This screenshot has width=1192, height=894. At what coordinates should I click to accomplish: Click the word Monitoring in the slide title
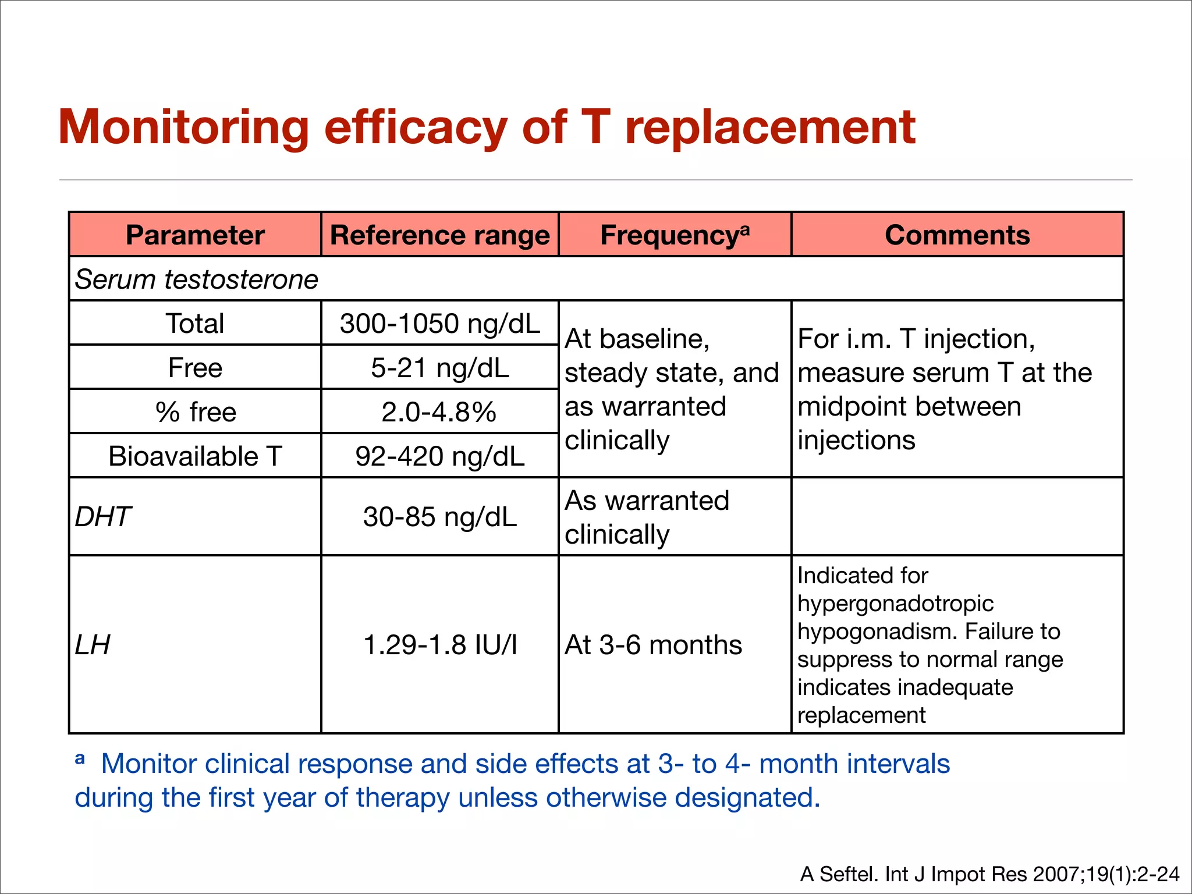pos(184,128)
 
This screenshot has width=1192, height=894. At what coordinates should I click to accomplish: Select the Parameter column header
pos(195,235)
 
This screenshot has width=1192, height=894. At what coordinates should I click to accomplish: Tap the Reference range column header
pos(439,235)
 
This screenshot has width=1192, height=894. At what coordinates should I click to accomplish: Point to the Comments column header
pos(957,235)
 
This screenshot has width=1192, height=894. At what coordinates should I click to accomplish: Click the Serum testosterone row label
pos(197,279)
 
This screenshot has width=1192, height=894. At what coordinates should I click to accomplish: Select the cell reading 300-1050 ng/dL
pos(439,324)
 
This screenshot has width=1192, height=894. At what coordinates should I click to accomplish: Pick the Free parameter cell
pos(195,368)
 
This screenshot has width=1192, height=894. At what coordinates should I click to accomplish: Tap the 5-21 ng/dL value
pos(439,368)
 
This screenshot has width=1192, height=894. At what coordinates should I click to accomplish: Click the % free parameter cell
pos(196,412)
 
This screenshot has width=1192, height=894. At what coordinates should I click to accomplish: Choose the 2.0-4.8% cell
pos(439,412)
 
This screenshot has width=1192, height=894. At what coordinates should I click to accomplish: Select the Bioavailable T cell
pos(195,456)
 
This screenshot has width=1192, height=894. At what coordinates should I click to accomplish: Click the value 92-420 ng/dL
pos(439,456)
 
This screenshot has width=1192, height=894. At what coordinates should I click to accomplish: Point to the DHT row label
pos(103,517)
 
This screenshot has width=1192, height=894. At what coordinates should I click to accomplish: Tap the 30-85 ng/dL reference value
pos(439,517)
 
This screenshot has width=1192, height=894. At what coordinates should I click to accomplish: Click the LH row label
pos(93,645)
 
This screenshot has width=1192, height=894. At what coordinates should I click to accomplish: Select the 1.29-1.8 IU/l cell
pos(439,645)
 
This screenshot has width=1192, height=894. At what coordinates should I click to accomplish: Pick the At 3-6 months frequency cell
pos(653,645)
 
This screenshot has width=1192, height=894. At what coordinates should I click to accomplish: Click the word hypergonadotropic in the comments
pos(895,604)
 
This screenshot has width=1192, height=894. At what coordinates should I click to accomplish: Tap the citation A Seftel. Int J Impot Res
pos(989,874)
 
